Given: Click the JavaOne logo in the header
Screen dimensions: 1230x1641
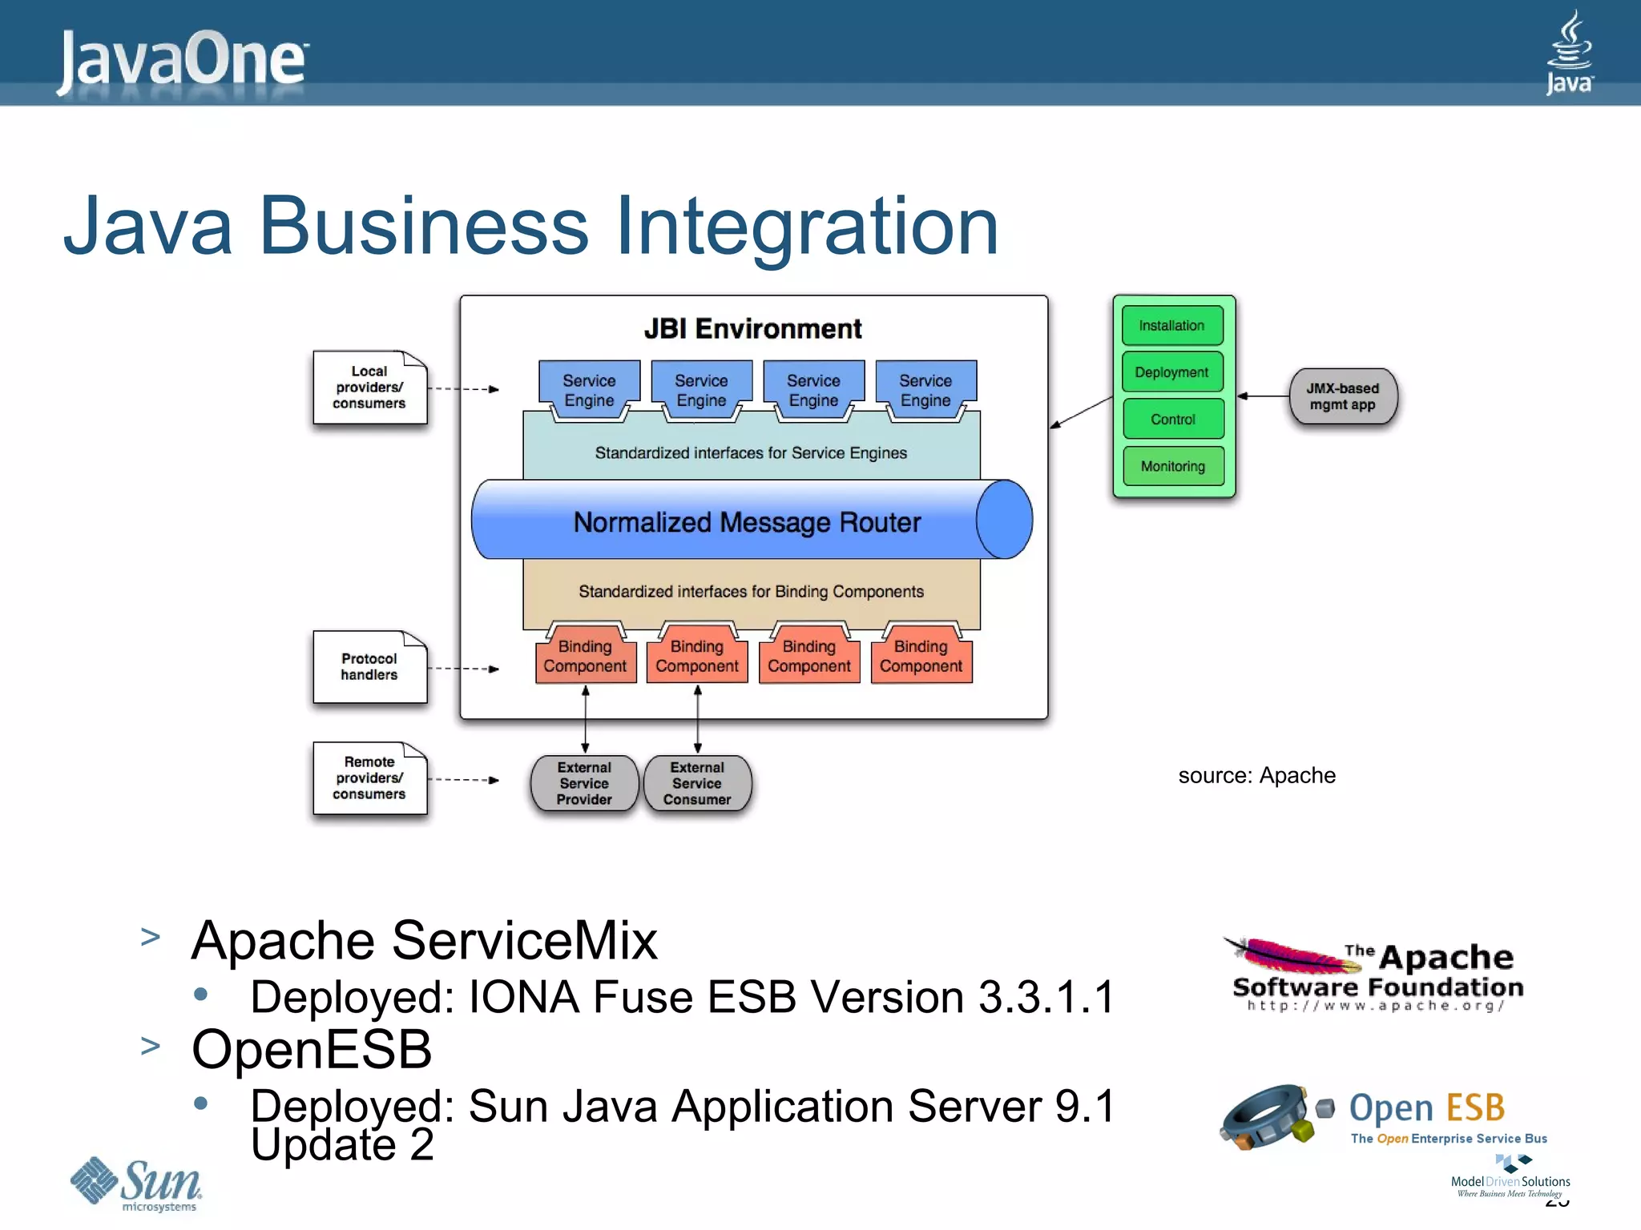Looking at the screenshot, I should [183, 60].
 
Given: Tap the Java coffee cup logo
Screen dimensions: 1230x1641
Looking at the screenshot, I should [1569, 52].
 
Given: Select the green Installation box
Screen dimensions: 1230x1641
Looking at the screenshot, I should [1172, 326].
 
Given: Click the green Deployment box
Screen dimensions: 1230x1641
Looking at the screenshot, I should [1172, 372].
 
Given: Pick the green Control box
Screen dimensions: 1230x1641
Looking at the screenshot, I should [1173, 419].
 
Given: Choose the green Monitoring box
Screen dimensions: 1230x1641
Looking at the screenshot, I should [1173, 466].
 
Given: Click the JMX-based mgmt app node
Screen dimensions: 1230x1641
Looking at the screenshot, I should [1343, 396].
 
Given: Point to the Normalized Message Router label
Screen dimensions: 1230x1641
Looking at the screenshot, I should [747, 522].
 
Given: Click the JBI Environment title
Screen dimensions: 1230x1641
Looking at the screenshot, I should [752, 329].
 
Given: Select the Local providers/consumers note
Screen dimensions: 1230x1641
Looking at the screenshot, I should [369, 388].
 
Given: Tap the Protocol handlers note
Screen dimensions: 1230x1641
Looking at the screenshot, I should [369, 667].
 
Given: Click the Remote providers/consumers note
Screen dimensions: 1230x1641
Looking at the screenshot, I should [369, 778].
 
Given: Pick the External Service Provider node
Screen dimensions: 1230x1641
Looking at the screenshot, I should [584, 783].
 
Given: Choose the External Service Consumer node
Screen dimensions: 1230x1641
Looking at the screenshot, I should [697, 783].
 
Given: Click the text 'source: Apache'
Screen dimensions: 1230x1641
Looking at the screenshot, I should [1256, 775].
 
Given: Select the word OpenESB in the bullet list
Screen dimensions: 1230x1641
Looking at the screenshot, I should [312, 1049].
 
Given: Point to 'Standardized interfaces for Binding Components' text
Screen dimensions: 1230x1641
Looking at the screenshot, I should [751, 592].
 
